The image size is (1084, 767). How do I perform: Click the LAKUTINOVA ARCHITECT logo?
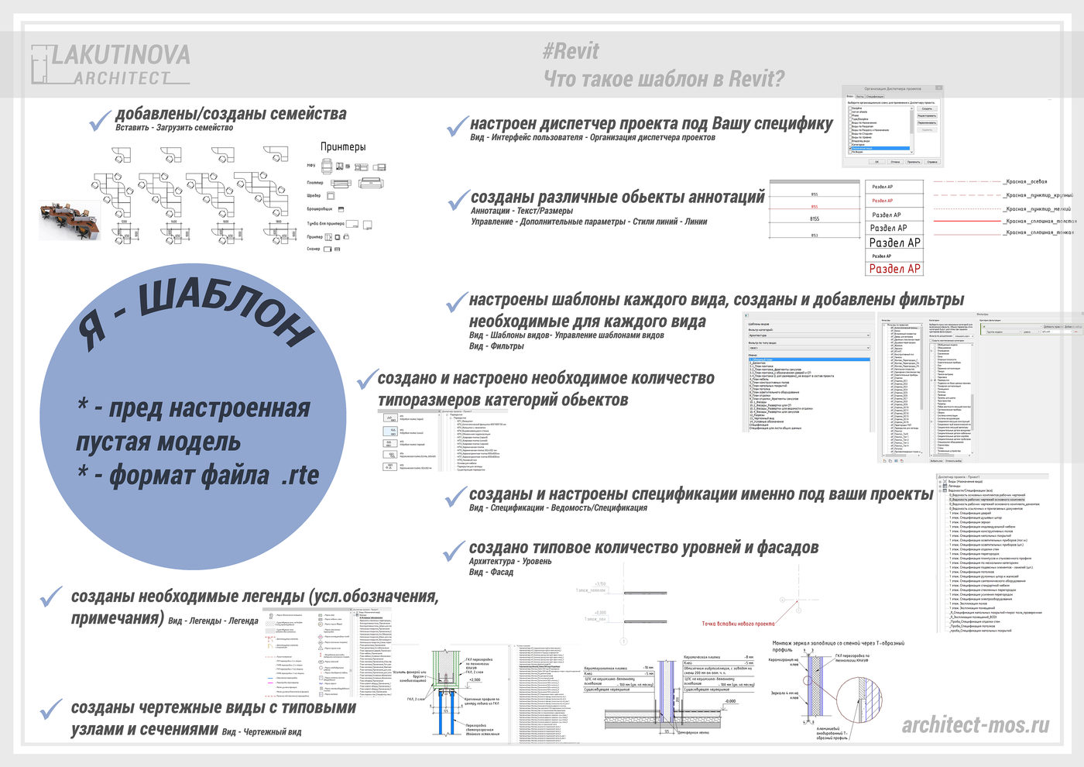(x=111, y=64)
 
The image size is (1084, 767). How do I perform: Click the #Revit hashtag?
(x=571, y=51)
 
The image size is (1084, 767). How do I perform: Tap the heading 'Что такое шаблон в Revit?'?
(x=664, y=79)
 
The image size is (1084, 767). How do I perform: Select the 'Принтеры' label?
(x=343, y=146)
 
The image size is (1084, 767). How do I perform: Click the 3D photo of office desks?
(x=69, y=220)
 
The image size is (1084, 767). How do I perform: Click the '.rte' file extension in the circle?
(x=300, y=475)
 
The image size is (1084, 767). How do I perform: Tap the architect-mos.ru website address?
(x=976, y=724)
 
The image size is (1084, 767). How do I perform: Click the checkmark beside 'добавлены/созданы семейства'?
(x=101, y=119)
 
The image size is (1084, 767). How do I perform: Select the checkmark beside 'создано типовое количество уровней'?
(x=454, y=551)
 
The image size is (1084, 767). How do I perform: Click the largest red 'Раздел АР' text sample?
(x=894, y=269)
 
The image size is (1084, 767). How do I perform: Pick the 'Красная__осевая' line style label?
(x=1025, y=182)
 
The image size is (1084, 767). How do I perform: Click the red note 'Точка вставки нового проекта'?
(x=738, y=624)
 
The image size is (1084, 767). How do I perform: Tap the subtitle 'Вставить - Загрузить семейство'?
(x=174, y=128)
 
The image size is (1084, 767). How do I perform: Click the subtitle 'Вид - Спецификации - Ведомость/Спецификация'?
(x=557, y=508)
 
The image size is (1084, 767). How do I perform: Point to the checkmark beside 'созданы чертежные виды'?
(x=51, y=708)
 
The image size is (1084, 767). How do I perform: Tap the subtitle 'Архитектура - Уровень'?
(x=510, y=561)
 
